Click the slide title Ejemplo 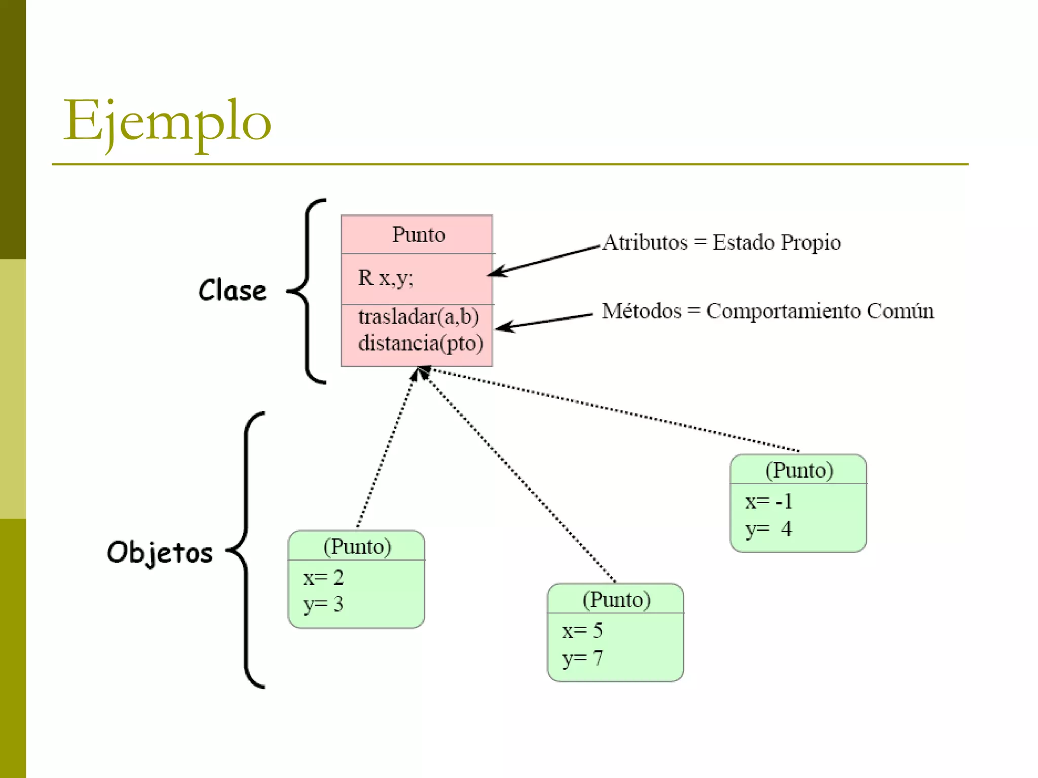167,122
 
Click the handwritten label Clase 233,291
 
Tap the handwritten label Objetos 160,552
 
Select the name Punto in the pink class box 418,235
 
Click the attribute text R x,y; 386,278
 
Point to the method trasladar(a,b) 418,317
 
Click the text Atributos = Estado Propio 722,242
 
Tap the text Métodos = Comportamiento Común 767,310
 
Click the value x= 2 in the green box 323,577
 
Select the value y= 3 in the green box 323,604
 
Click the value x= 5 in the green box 582,631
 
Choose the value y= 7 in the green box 582,658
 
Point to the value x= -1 768,501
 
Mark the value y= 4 768,529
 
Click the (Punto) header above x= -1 799,470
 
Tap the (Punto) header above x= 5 616,599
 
